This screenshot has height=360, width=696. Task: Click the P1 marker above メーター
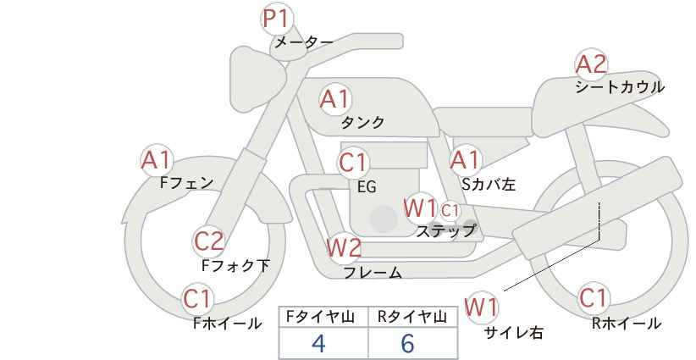[x=277, y=19]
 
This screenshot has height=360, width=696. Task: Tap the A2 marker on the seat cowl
[x=591, y=64]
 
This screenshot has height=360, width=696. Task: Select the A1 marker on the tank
[x=335, y=99]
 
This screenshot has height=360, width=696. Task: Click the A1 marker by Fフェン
[x=156, y=160]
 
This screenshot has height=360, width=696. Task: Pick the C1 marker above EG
[x=353, y=163]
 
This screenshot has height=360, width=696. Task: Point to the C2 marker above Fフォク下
[x=208, y=241]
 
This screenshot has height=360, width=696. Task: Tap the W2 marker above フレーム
[x=343, y=247]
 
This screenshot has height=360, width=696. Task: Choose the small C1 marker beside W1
[x=450, y=210]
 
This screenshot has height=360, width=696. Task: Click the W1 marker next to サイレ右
[x=482, y=307]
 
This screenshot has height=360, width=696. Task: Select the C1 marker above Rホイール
[x=592, y=298]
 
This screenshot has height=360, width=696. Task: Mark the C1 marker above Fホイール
[x=197, y=299]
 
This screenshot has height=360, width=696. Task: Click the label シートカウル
[x=620, y=87]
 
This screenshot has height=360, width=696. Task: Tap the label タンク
[x=362, y=123]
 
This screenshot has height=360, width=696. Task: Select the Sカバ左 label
[x=489, y=184]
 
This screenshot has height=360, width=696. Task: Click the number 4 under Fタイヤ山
[x=318, y=343]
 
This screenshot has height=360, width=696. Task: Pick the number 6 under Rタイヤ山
[x=407, y=343]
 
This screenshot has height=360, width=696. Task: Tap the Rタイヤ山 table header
[x=412, y=317]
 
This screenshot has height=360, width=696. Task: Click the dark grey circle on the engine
[x=384, y=219]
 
